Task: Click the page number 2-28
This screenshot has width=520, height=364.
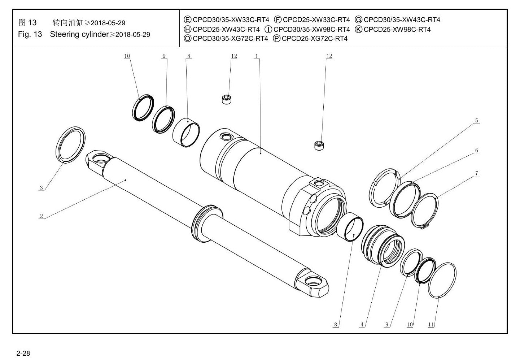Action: tap(23, 353)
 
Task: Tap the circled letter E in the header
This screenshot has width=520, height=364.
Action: tap(187, 19)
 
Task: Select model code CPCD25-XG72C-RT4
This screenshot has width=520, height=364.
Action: tap(315, 39)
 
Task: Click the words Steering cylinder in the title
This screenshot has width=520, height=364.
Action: tap(79, 34)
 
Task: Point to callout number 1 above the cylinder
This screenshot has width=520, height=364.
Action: tap(257, 56)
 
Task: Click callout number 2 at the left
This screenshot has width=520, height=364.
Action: tap(41, 216)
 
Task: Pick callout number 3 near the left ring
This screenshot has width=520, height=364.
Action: tap(41, 188)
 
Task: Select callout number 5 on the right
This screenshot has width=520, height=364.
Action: tap(477, 121)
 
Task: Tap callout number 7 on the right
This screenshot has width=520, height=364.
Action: tap(477, 173)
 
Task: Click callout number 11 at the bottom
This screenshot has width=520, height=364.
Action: tap(431, 325)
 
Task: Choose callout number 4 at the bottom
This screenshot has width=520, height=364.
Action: tap(362, 325)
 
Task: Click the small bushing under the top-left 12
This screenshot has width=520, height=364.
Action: tap(227, 99)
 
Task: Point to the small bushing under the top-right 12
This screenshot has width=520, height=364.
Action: tap(319, 146)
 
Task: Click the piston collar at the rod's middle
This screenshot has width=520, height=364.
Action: tap(207, 224)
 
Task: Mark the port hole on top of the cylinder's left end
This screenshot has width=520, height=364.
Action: tap(226, 136)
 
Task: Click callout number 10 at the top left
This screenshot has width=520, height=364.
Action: tap(127, 56)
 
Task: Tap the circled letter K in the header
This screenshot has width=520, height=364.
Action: tap(358, 29)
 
